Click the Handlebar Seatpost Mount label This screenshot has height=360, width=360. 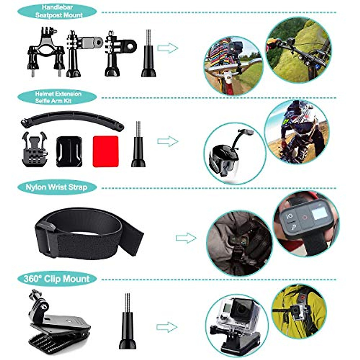(57, 11)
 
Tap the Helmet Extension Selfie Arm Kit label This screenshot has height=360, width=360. (57, 97)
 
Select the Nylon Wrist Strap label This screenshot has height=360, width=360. (57, 187)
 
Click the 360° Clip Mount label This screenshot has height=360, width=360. (57, 279)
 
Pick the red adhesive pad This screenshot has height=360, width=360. (105, 151)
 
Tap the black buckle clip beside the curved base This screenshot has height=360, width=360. (34, 150)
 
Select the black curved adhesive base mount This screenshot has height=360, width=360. (69, 151)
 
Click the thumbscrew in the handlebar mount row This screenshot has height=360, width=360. (148, 54)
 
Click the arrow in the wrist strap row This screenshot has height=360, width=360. (186, 238)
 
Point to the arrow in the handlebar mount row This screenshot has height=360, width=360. (167, 48)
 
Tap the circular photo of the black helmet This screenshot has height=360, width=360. (235, 153)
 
